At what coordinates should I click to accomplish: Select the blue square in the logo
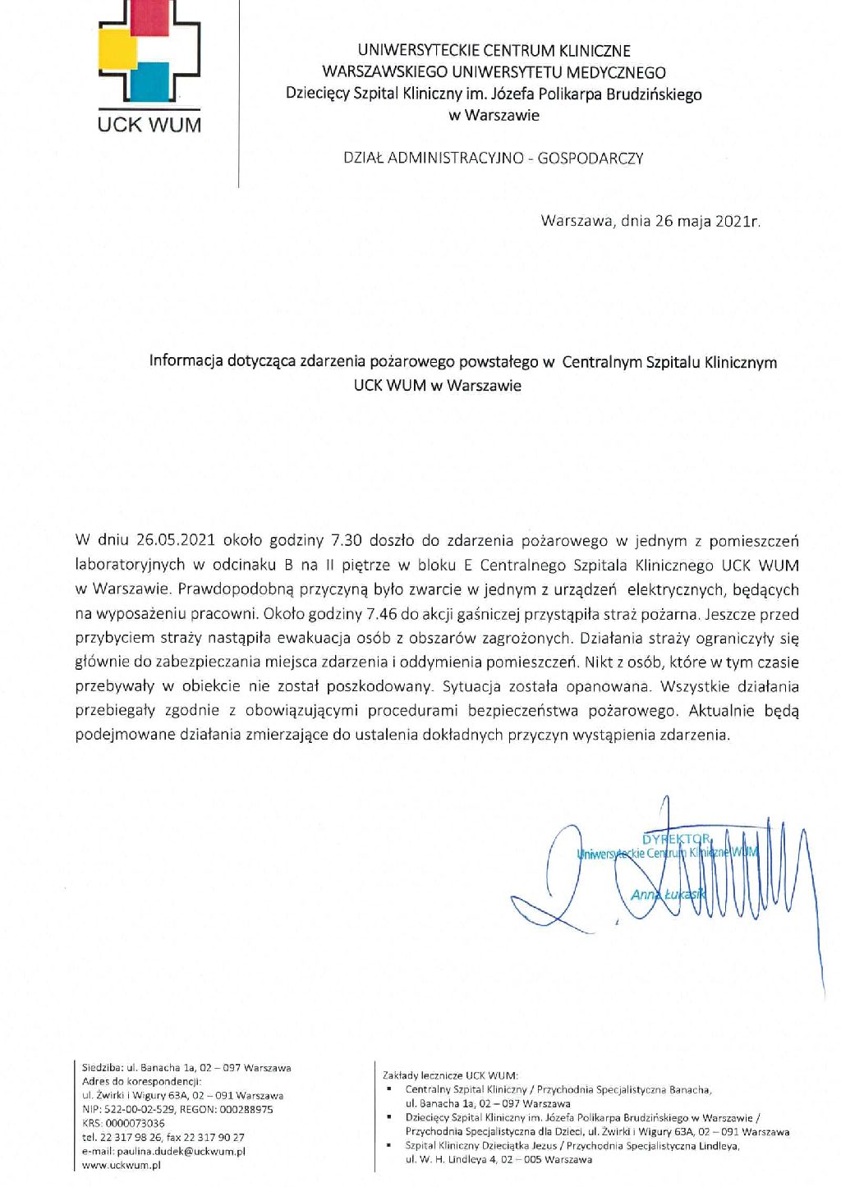(149, 81)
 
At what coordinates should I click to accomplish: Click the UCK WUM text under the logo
(149, 125)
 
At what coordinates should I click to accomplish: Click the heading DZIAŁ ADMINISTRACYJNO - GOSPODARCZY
(493, 158)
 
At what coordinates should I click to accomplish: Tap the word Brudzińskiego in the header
(654, 94)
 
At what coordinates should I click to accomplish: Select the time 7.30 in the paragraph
(346, 541)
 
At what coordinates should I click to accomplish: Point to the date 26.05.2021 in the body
(176, 541)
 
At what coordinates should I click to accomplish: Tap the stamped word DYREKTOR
(677, 839)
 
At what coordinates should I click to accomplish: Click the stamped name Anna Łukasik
(668, 894)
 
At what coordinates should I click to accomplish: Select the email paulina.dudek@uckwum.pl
(181, 1151)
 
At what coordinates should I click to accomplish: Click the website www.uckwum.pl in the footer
(121, 1165)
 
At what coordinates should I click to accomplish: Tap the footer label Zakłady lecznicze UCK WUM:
(450, 1075)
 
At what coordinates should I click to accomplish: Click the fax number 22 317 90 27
(216, 1137)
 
